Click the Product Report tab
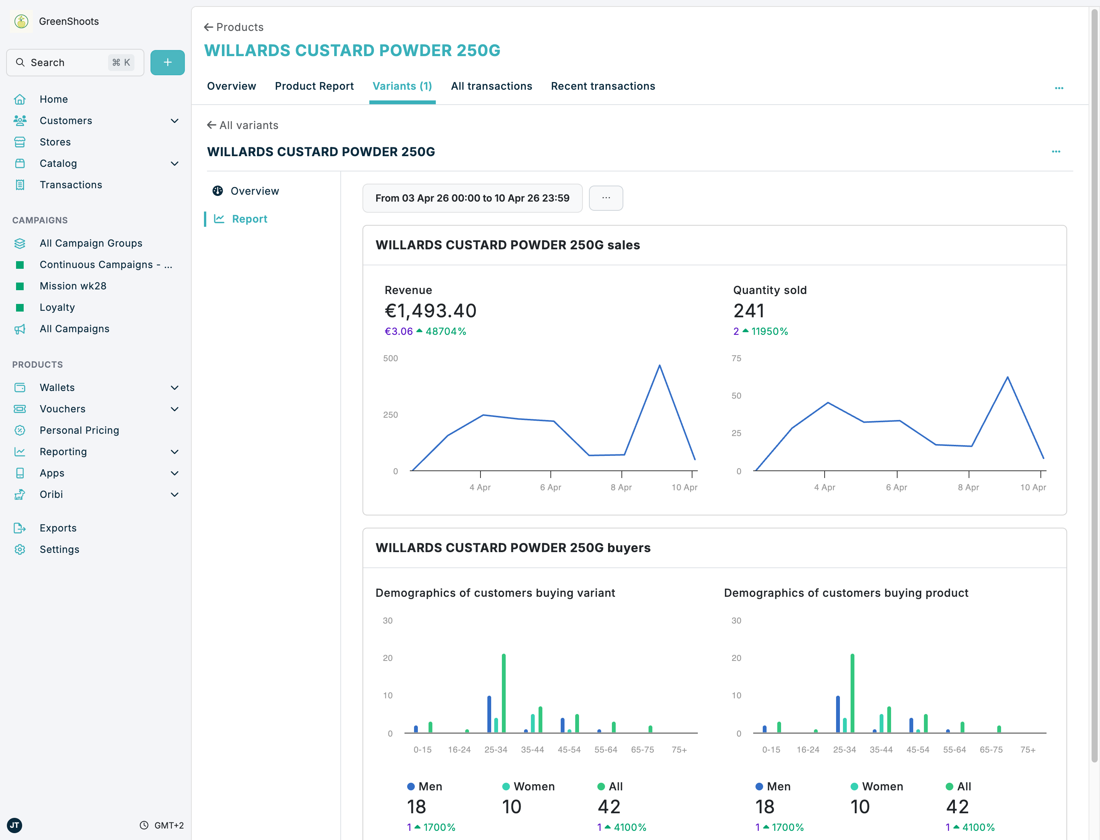(314, 86)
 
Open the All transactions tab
(491, 86)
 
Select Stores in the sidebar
(55, 142)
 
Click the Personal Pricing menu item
(79, 430)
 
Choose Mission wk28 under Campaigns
(73, 286)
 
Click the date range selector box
(472, 198)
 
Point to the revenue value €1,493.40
(430, 311)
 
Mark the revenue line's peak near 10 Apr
(659, 365)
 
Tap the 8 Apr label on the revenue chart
(621, 487)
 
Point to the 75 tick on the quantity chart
(736, 359)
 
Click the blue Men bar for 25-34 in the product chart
(838, 714)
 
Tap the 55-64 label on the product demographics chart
(954, 750)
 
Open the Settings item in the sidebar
(59, 549)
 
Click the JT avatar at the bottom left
(15, 825)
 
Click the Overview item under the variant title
(254, 191)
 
